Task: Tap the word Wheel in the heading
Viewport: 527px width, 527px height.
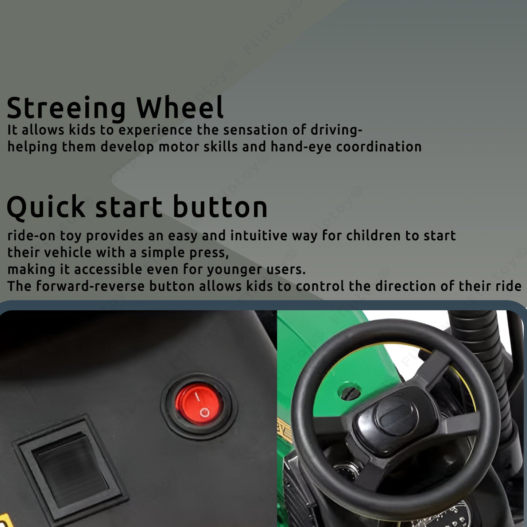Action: tap(180, 107)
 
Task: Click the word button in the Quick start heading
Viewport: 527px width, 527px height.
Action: tap(220, 206)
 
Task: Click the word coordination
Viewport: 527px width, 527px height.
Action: tap(379, 147)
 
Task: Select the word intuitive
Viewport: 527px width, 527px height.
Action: tap(259, 236)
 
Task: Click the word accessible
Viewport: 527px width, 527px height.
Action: tap(108, 269)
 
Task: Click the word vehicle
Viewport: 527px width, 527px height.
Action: tap(67, 252)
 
